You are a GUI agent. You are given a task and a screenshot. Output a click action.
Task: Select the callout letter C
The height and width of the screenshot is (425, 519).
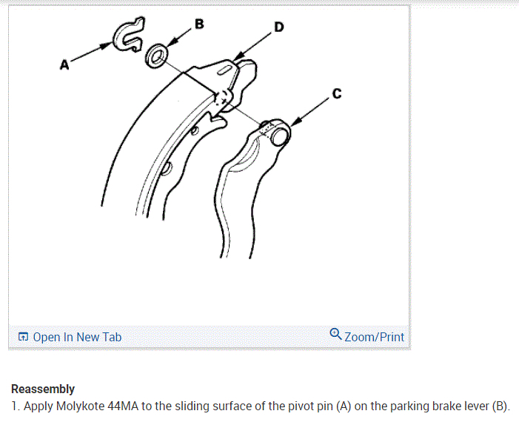point(337,93)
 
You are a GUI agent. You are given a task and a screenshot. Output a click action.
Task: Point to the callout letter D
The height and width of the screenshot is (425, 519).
point(278,27)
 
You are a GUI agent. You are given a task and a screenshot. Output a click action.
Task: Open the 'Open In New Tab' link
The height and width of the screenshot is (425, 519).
point(77,337)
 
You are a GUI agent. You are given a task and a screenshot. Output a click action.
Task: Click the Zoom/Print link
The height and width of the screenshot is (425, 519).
point(375,337)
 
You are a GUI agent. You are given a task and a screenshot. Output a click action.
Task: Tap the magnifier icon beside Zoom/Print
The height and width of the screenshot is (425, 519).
point(336,335)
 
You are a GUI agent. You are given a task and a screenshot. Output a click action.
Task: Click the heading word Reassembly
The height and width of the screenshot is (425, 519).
point(42,389)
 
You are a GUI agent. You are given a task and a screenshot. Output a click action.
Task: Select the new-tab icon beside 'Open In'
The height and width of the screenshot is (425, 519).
point(24,338)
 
